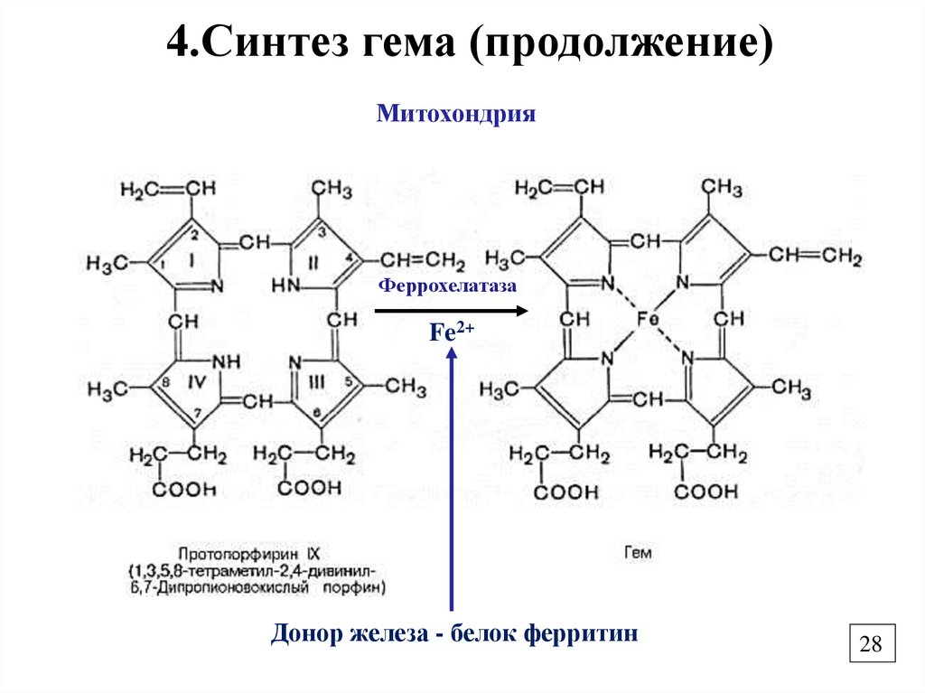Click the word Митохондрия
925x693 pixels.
click(x=456, y=115)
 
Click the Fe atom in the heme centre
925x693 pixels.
click(x=647, y=319)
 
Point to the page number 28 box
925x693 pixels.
click(x=871, y=644)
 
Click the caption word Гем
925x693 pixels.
click(x=636, y=551)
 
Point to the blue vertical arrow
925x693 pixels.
click(x=452, y=479)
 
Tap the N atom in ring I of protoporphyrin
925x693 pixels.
click(x=216, y=286)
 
